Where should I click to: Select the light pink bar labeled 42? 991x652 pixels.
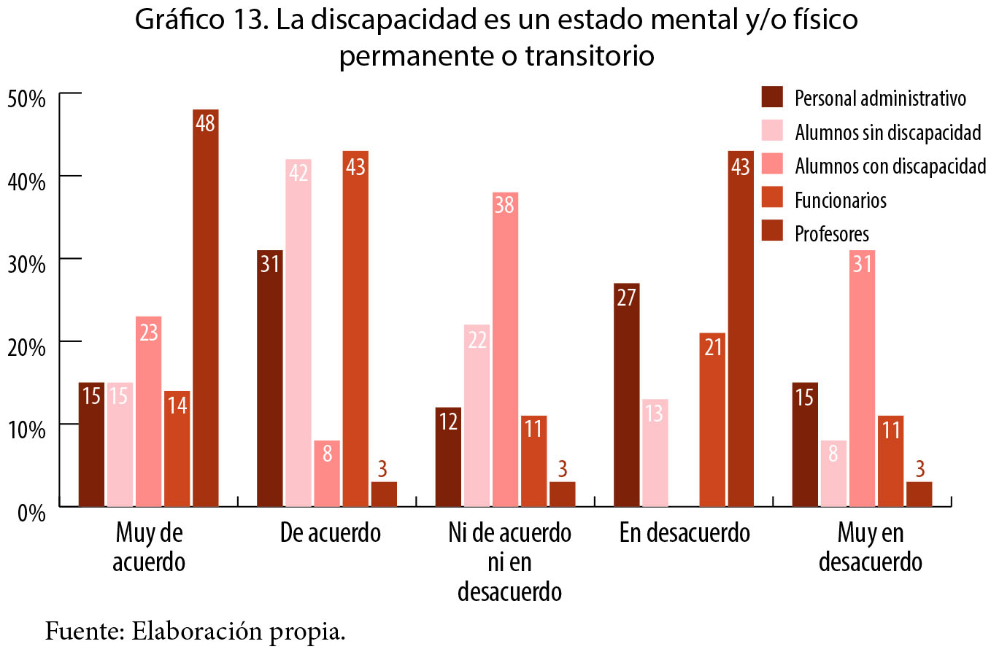point(298,333)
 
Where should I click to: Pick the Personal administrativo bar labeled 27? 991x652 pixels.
point(627,395)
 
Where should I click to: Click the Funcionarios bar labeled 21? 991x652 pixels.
point(712,419)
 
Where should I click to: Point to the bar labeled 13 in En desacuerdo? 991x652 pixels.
point(655,452)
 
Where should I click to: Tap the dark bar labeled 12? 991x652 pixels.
point(448,457)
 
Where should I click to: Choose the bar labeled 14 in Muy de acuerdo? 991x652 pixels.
point(177,449)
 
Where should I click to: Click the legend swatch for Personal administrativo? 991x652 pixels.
point(771,97)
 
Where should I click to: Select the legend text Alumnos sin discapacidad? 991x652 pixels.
point(887,132)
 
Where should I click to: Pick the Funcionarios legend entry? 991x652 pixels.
point(841,200)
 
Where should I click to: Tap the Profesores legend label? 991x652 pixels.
point(832,233)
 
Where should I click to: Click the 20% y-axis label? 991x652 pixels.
point(28,346)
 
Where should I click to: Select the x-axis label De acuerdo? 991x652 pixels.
point(330,533)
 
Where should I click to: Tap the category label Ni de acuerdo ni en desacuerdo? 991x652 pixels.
point(509,562)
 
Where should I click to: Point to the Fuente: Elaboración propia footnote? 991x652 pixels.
point(195,630)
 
